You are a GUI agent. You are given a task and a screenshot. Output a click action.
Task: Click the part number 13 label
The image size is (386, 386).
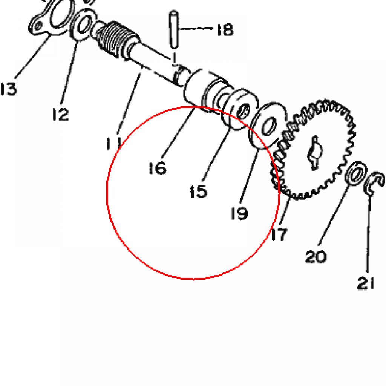point(9,89)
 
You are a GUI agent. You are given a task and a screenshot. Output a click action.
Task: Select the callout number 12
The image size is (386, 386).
point(61,114)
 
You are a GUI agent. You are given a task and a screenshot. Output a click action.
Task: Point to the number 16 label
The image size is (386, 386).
point(158,168)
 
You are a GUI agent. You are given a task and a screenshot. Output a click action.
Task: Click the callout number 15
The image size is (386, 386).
point(198,191)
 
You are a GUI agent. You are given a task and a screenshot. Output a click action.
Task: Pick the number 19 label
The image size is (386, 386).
point(239,213)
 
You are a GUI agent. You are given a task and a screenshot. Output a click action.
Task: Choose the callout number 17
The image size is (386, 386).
point(279,234)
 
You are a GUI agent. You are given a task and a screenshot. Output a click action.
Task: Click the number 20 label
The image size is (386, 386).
point(316,256)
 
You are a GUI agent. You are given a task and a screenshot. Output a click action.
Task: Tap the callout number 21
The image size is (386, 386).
point(366,283)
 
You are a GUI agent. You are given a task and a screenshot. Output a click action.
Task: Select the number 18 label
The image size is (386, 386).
point(225,30)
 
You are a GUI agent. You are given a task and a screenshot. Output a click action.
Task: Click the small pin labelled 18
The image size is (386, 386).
point(174,29)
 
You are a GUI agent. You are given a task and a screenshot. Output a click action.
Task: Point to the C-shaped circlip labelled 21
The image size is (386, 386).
point(373,184)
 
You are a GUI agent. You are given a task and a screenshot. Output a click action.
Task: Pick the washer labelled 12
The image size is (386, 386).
point(83,25)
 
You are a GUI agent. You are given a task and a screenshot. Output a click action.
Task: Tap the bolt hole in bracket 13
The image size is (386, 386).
point(38,26)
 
